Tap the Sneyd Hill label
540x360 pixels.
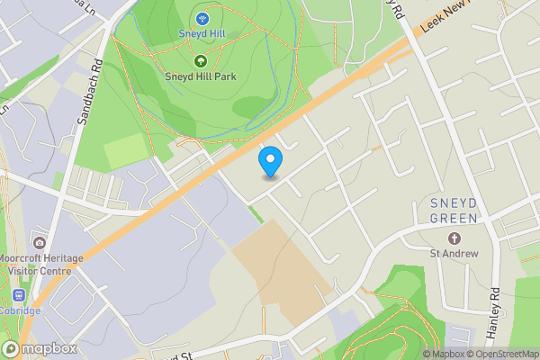200,33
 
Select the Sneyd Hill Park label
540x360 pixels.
200,76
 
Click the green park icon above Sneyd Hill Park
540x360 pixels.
200,61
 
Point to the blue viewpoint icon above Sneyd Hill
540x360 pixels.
200,18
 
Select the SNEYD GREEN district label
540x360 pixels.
453,210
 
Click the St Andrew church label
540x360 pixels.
454,254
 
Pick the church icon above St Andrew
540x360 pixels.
454,238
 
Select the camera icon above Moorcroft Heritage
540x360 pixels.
39,243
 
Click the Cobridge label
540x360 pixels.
20,310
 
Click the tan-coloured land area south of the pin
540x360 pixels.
279,270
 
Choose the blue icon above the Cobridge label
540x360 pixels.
18,296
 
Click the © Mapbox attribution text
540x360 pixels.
455,354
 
